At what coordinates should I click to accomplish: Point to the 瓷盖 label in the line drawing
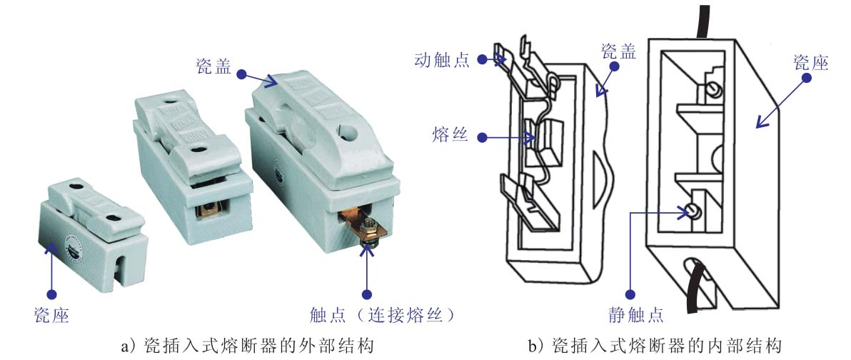pos(618,51)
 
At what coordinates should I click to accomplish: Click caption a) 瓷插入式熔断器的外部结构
pos(248,346)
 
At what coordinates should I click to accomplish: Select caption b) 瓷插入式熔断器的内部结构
pos(655,346)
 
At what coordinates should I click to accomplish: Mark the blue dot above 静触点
pos(630,294)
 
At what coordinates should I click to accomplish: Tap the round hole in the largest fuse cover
pos(347,129)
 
